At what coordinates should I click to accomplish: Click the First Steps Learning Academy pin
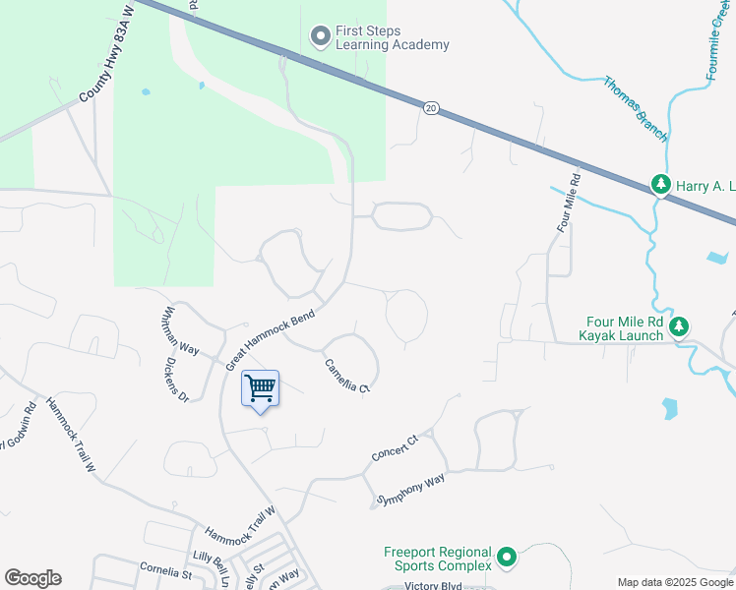pyautogui.click(x=320, y=37)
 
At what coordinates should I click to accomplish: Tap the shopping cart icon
pyautogui.click(x=260, y=388)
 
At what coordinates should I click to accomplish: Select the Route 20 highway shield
pyautogui.click(x=431, y=107)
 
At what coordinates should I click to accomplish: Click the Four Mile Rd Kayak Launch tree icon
pyautogui.click(x=678, y=327)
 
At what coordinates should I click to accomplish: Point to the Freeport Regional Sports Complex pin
pyautogui.click(x=507, y=559)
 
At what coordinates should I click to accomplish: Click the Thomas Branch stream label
pyautogui.click(x=636, y=108)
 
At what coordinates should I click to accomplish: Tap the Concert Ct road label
pyautogui.click(x=395, y=447)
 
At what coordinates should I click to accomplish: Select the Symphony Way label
pyautogui.click(x=411, y=490)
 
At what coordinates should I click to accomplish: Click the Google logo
pyautogui.click(x=32, y=578)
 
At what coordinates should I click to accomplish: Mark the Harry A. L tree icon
pyautogui.click(x=661, y=185)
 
